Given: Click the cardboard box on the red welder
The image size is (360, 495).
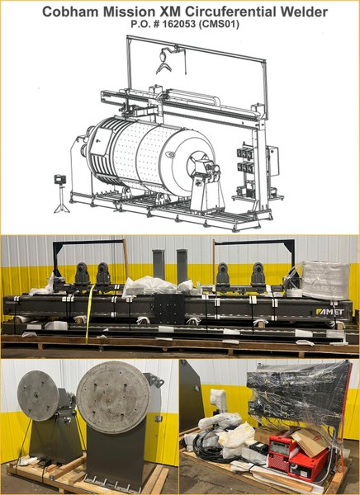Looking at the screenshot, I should (x=309, y=442).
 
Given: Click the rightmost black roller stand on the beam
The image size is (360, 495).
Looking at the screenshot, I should (x=258, y=276).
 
